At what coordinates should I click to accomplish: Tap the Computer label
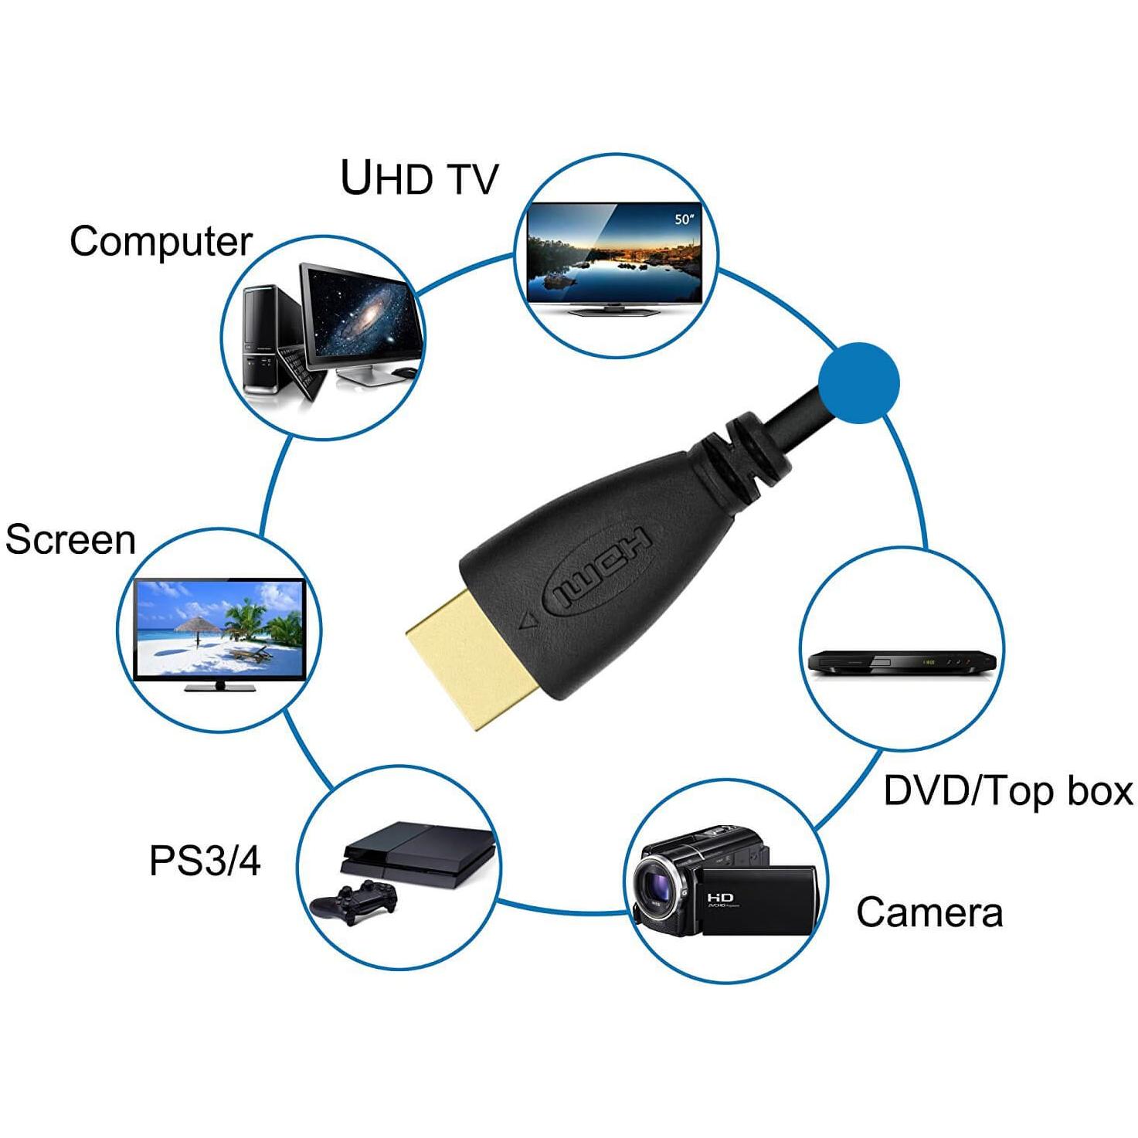pyautogui.click(x=161, y=242)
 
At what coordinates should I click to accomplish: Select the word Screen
pyautogui.click(x=70, y=540)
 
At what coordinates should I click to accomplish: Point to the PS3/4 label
pyautogui.click(x=204, y=861)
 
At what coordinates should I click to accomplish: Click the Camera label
pyautogui.click(x=929, y=912)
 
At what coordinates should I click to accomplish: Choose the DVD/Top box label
pyautogui.click(x=1008, y=791)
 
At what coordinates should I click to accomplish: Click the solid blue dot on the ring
pyautogui.click(x=858, y=383)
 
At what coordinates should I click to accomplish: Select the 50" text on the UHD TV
pyautogui.click(x=684, y=219)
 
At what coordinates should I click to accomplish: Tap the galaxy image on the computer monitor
pyautogui.click(x=362, y=317)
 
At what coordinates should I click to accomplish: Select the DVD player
pyautogui.click(x=902, y=663)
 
